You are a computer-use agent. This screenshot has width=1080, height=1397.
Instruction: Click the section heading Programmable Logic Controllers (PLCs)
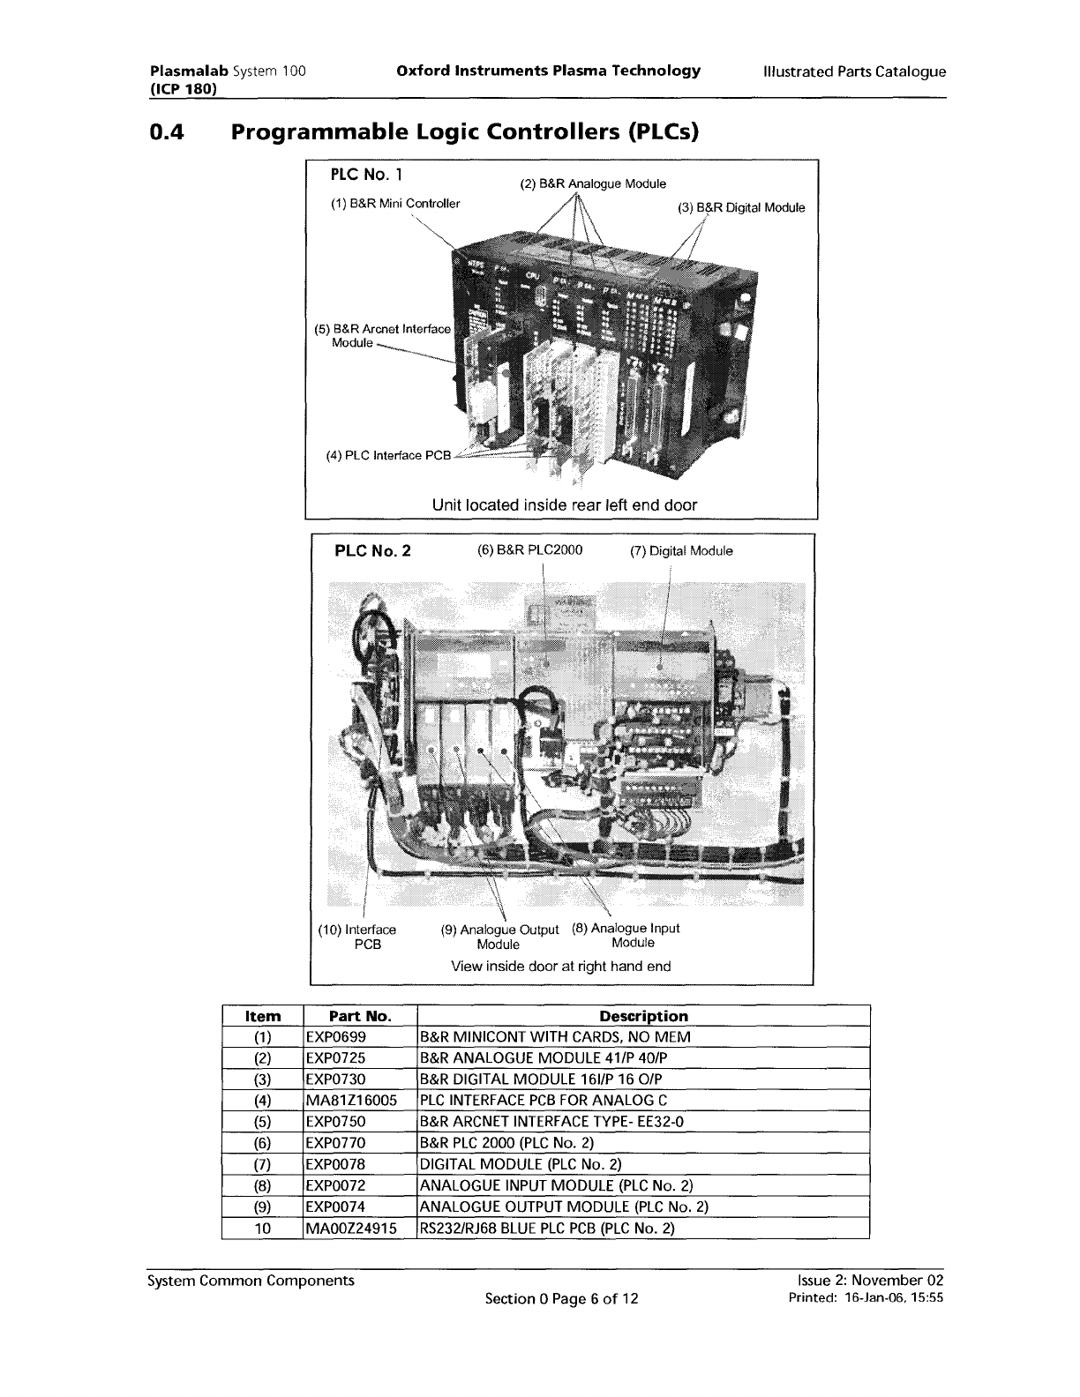click(x=464, y=133)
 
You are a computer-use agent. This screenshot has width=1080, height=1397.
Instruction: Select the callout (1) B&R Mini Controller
click(x=395, y=205)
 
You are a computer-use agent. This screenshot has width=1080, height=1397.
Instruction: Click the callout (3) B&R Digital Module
click(x=741, y=208)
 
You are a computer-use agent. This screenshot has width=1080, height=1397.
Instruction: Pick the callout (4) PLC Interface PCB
click(x=388, y=456)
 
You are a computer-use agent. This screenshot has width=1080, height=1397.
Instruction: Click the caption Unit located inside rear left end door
click(x=564, y=505)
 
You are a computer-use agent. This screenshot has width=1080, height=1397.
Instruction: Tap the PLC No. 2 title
click(x=372, y=551)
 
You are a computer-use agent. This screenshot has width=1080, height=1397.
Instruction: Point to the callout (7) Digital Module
click(x=681, y=551)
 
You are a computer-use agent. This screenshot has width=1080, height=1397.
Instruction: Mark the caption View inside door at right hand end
click(x=560, y=966)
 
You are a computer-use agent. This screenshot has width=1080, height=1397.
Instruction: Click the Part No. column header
click(x=359, y=1016)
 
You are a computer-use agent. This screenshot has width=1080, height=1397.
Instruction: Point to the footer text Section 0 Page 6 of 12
click(x=562, y=1298)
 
